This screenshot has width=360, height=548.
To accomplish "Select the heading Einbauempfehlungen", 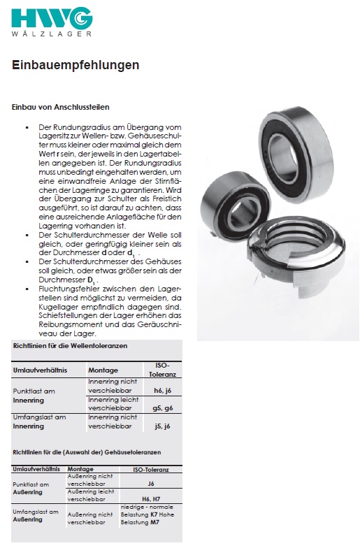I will click(x=75, y=65).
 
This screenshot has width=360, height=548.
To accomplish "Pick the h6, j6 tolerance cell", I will click(x=162, y=387).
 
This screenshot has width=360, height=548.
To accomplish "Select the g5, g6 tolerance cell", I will click(x=162, y=407).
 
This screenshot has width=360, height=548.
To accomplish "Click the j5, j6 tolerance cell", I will click(x=162, y=425).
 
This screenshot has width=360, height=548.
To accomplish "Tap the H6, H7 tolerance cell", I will click(x=150, y=499).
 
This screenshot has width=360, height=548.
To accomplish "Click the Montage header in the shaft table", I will click(x=103, y=369).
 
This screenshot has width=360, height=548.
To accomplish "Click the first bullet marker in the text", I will click(x=26, y=128).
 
